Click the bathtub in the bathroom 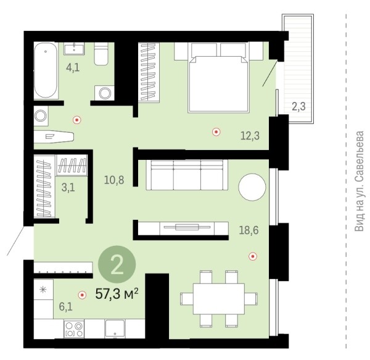46,70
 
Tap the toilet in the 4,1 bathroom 101,54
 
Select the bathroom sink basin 74,48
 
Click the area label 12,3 250,136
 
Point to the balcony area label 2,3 298,106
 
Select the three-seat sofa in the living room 187,175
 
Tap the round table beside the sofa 252,187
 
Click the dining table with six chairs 219,299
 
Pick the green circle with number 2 117,264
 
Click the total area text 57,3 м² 117,294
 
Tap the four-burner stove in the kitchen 74,329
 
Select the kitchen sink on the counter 115,329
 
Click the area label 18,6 249,230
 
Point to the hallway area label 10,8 114,180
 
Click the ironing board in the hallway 54,137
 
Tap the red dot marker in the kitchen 82,295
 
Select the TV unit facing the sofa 183,228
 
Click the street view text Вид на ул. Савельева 359,181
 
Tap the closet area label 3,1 68,188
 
